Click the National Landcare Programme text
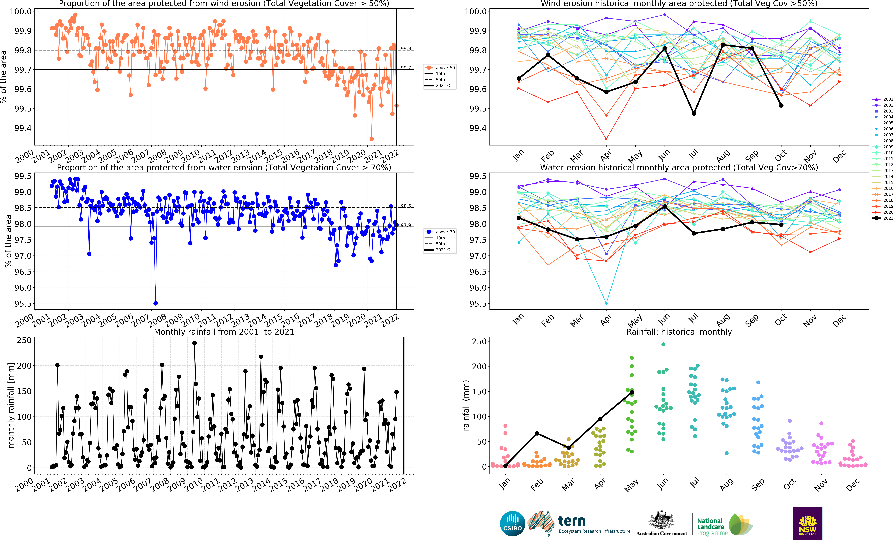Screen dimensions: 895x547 coord(712,527)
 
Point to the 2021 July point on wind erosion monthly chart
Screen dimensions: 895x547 coord(694,114)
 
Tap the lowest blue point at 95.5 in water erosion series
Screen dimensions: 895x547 coord(155,303)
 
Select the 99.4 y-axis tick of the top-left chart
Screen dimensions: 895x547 coord(23,128)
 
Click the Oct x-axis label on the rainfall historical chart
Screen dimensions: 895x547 coord(789,484)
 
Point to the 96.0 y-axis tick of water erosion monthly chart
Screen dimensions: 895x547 coord(478,288)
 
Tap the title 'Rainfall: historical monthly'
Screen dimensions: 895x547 coord(679,332)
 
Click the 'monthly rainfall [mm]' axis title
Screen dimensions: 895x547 coord(11,405)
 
